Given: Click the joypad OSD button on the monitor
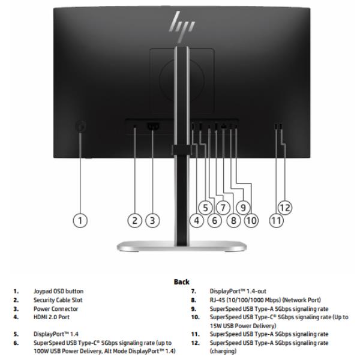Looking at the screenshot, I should coord(82,127).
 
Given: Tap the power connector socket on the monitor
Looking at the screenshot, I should coord(152,127).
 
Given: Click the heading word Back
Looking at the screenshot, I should coord(181,281).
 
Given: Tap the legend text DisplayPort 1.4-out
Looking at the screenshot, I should coord(237,290).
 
